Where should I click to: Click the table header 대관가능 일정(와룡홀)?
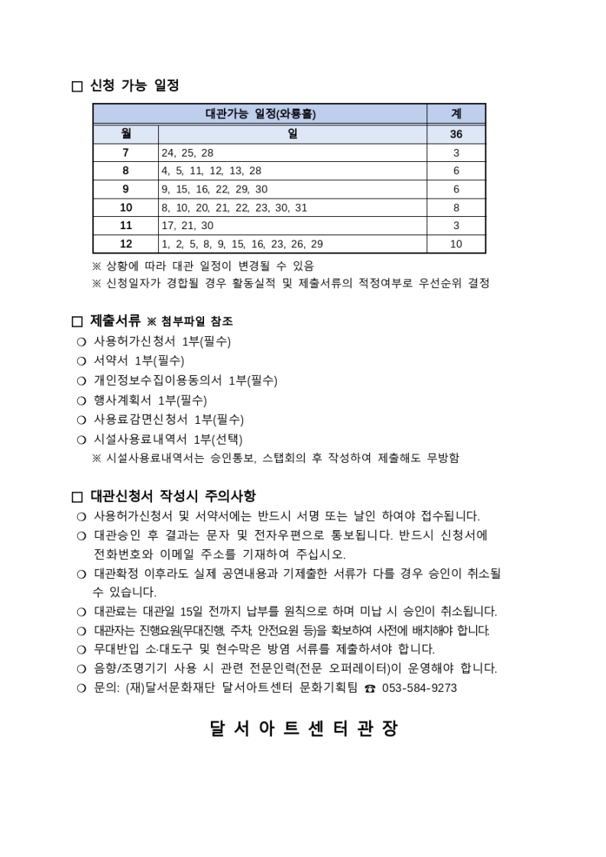coord(261,114)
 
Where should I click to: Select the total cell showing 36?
coord(456,134)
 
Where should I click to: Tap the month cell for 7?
coord(125,153)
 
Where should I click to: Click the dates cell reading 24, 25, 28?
coord(188,153)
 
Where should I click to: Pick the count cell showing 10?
coord(456,244)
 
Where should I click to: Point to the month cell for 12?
coord(125,244)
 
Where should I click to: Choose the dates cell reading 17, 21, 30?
coord(188,226)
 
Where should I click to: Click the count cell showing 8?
coord(456,208)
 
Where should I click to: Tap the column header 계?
coord(456,114)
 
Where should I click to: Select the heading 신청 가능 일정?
coord(134,86)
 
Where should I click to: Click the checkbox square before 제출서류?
coord(76,322)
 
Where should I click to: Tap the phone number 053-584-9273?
coord(420,688)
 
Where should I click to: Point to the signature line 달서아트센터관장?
coord(303,729)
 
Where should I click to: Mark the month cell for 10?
coord(125,208)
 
